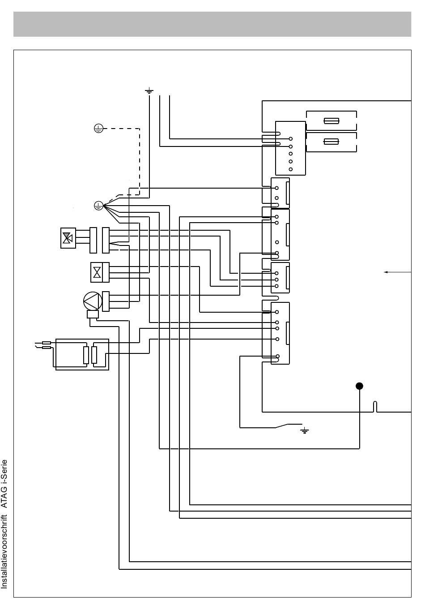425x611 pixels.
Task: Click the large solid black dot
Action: point(359,386)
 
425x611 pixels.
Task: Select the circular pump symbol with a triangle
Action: point(93,301)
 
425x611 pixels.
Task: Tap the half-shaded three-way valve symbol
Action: point(68,238)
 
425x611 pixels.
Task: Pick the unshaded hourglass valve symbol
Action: point(97,272)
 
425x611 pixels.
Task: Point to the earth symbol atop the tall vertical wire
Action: point(149,90)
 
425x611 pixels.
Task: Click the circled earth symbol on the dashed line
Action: point(98,128)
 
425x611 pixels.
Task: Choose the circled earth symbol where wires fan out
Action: point(98,206)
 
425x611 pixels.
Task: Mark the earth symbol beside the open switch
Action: point(304,430)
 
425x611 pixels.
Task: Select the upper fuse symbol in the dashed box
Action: point(331,120)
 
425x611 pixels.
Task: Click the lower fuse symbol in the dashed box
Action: point(331,142)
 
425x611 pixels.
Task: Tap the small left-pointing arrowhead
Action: point(386,272)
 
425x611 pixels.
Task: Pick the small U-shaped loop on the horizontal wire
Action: point(375,406)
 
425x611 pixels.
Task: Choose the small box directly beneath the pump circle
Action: point(93,314)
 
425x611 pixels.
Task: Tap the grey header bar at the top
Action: point(212,24)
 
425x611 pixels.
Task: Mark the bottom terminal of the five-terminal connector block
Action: point(291,169)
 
